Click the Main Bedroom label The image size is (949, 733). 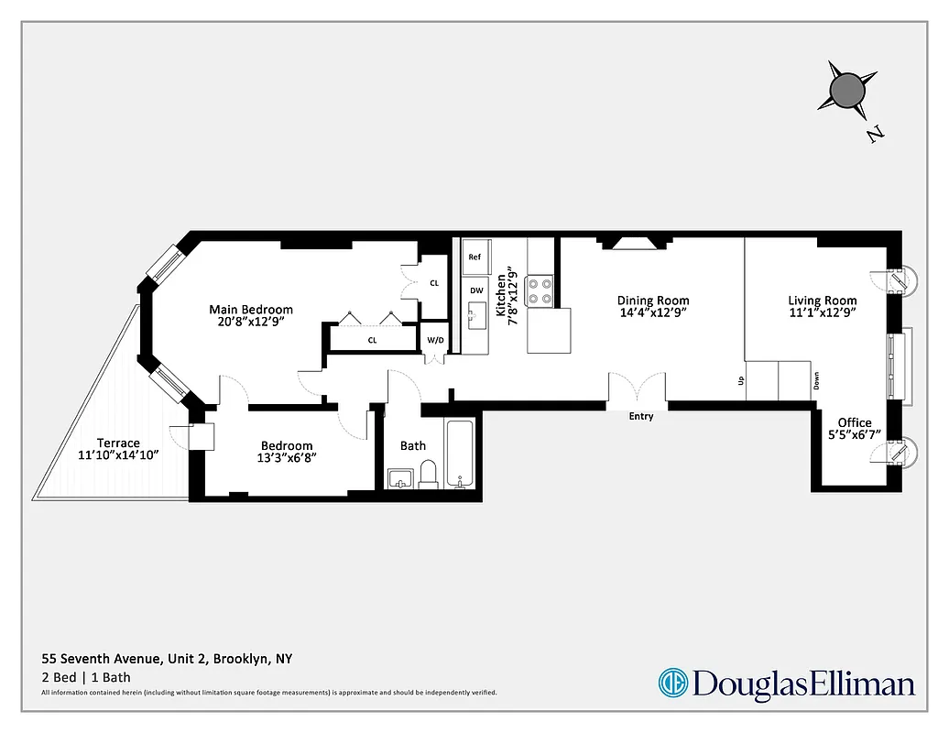[x=251, y=310]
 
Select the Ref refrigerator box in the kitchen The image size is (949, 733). [x=475, y=258]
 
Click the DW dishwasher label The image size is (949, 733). [x=476, y=290]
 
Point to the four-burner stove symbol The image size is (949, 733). [x=541, y=290]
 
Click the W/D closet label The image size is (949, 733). [x=435, y=340]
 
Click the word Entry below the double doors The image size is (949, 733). [x=641, y=417]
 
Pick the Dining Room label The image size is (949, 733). [x=653, y=301]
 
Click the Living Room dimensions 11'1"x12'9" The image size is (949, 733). [x=823, y=312]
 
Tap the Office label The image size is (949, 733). [x=855, y=422]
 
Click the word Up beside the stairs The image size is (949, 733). [x=741, y=379]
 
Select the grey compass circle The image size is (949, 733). [x=847, y=90]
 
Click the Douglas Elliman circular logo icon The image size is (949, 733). [x=672, y=683]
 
